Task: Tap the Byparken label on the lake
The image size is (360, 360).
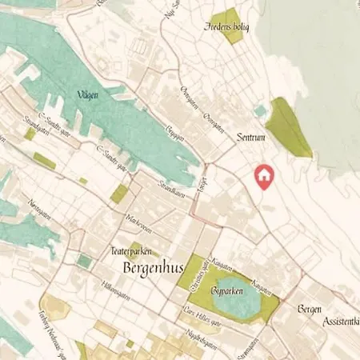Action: (227, 292)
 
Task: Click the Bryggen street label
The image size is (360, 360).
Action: (176, 132)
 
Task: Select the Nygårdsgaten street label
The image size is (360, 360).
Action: (202, 336)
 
